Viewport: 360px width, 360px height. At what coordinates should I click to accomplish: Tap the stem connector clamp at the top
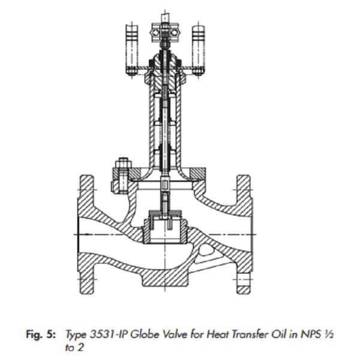click(x=166, y=32)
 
